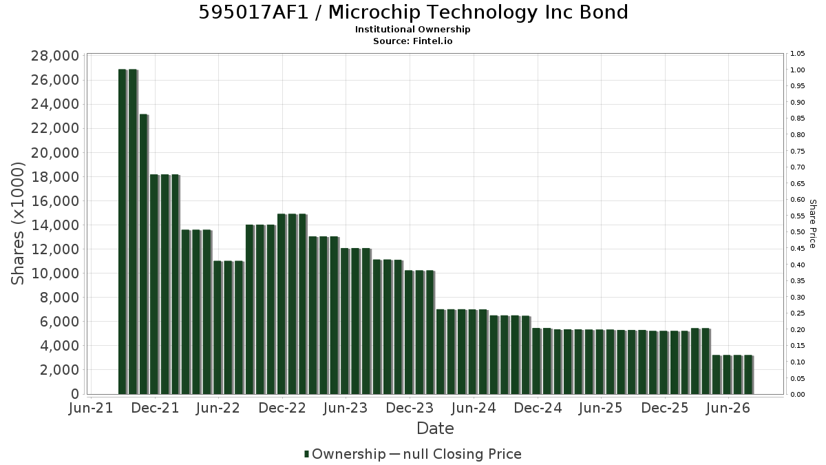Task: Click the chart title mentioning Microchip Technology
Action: (413, 12)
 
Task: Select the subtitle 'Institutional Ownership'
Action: (412, 30)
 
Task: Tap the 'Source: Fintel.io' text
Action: (412, 41)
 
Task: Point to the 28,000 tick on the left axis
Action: (55, 56)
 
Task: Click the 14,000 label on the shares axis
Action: (55, 225)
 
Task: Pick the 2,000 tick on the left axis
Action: (59, 370)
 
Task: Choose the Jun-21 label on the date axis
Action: (91, 408)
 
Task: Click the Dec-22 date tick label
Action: (282, 408)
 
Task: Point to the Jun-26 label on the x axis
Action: (728, 408)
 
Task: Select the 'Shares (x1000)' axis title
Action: (17, 224)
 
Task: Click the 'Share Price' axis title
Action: (812, 224)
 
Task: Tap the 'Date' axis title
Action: (435, 428)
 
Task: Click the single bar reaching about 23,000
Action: (144, 254)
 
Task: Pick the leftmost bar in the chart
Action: (123, 231)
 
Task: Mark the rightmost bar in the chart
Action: (749, 375)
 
